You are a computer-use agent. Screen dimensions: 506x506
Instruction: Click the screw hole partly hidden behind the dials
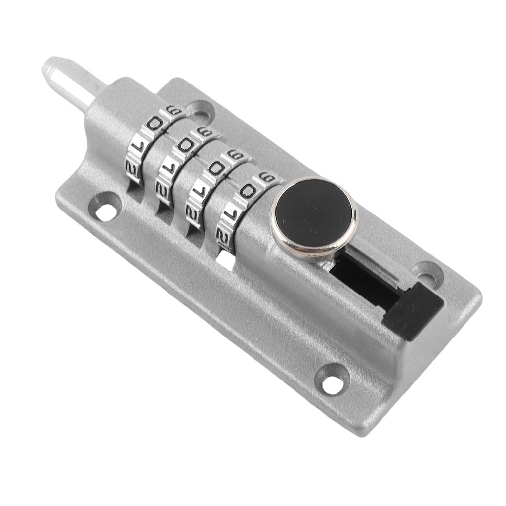(200, 112)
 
